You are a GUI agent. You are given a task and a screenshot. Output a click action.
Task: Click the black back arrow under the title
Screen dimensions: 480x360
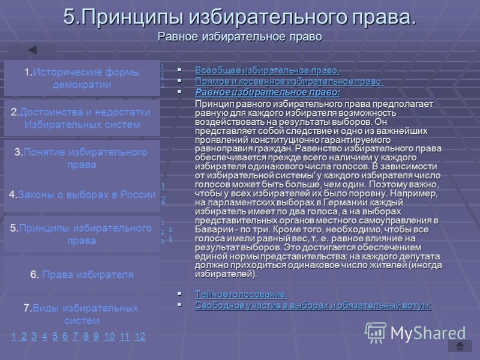tap(32, 50)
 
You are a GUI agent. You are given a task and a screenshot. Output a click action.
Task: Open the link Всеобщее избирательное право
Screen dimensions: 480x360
tap(267, 70)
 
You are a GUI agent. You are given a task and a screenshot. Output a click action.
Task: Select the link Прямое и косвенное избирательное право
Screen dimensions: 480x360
tap(289, 82)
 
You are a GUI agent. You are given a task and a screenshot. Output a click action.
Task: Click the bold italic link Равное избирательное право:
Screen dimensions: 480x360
tap(268, 92)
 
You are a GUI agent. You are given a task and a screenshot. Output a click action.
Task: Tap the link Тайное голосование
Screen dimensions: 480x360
tap(241, 295)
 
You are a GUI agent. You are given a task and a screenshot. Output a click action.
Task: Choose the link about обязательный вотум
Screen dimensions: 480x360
tap(313, 305)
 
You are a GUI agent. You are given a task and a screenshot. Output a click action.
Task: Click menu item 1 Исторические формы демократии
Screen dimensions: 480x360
tap(82, 79)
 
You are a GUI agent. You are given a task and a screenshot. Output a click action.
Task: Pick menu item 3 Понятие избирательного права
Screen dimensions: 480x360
tap(81, 158)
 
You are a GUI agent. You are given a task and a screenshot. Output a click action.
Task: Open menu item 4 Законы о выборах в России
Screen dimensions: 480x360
tap(82, 194)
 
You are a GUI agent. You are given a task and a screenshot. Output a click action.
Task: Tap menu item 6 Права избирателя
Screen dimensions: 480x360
tap(82, 275)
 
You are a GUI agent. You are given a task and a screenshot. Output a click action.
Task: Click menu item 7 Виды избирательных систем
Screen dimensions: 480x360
tap(81, 314)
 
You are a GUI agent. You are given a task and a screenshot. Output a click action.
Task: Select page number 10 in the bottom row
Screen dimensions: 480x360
tap(109, 337)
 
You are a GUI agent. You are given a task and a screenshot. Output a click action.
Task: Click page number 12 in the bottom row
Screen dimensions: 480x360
tap(140, 337)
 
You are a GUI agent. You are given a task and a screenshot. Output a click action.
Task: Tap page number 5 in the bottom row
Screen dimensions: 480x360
tap(55, 337)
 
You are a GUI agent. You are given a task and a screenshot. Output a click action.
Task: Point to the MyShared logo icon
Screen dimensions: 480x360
tap(375, 333)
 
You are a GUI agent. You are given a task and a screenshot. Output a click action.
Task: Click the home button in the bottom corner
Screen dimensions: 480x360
tap(460, 346)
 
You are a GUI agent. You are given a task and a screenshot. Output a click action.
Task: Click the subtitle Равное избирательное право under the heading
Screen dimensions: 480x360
tap(239, 37)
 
